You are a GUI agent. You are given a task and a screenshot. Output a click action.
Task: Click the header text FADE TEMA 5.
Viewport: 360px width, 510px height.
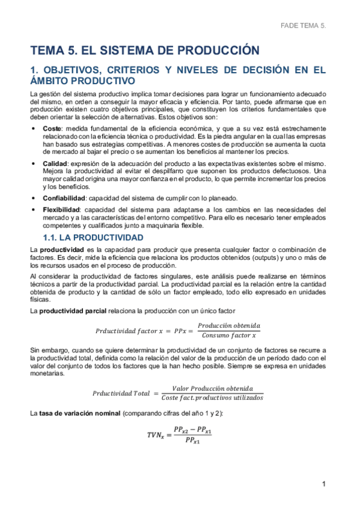303,26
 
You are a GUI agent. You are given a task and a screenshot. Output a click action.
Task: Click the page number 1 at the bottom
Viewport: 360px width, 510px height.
323,484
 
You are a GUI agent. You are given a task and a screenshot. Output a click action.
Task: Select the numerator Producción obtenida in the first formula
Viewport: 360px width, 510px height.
228,325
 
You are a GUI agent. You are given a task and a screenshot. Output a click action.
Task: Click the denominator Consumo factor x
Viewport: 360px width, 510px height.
228,335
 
